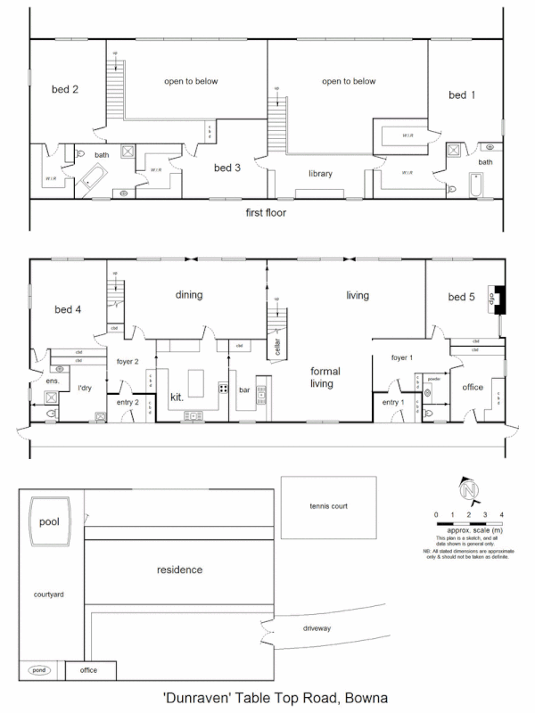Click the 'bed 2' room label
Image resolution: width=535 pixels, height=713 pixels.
click(x=64, y=89)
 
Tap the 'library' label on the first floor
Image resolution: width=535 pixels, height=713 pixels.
click(x=320, y=174)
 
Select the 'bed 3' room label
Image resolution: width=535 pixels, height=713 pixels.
click(x=226, y=167)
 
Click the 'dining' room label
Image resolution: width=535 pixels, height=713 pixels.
click(x=189, y=295)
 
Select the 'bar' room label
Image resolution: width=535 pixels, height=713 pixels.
click(x=244, y=389)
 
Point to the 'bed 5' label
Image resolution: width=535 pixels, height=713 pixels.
click(x=462, y=296)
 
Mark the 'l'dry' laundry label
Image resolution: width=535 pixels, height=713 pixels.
click(x=86, y=389)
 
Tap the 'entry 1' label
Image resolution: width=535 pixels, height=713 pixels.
click(x=393, y=403)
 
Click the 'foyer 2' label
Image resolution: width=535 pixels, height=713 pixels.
click(x=127, y=362)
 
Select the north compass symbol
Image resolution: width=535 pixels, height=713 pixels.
click(x=470, y=491)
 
